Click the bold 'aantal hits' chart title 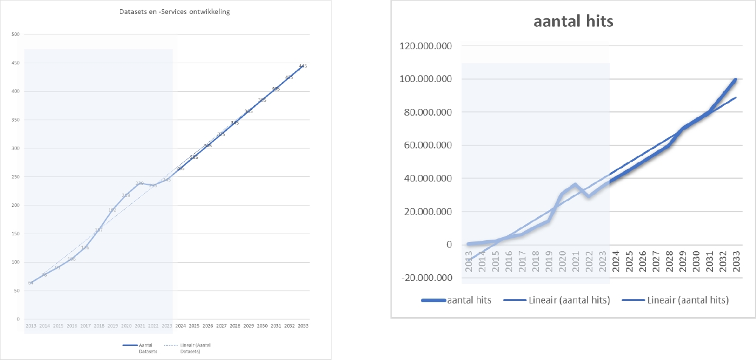coord(573,21)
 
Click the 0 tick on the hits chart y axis coord(449,245)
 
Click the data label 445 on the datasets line coord(303,66)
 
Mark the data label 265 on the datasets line coord(181,168)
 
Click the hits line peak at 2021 coord(575,184)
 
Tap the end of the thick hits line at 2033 coord(736,79)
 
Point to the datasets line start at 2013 coord(30,283)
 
